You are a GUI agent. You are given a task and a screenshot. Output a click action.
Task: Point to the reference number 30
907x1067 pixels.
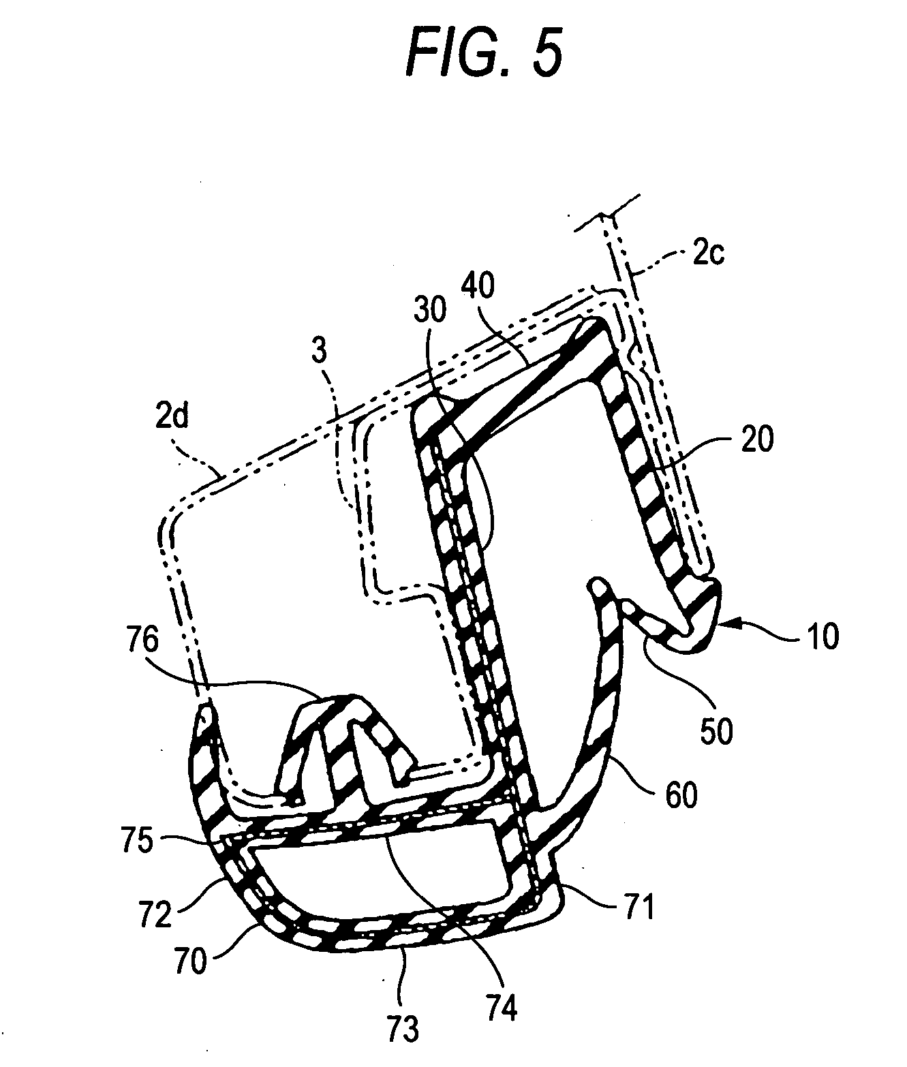429,310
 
